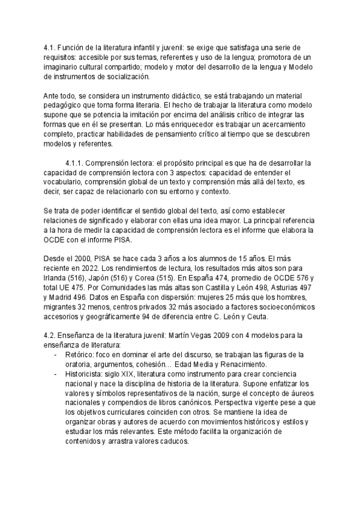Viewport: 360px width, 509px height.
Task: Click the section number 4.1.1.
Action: coord(77,163)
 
